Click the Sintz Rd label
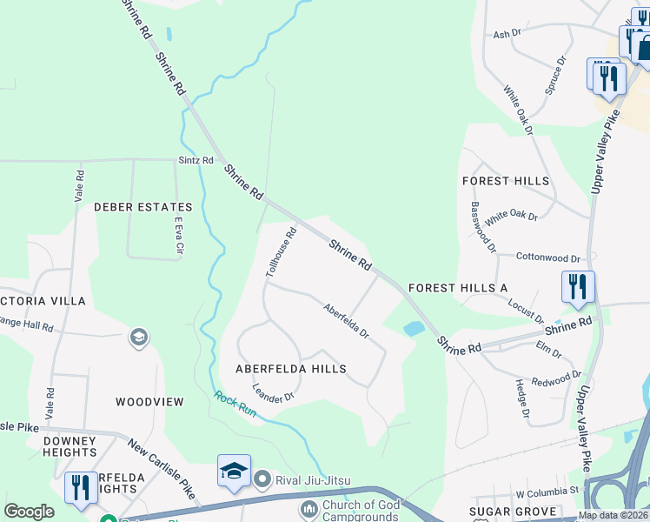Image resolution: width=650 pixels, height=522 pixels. pos(196,161)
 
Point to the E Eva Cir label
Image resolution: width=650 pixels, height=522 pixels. pos(180,236)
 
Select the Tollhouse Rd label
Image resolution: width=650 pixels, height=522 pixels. pos(282,252)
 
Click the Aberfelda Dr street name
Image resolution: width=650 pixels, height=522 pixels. pos(347,321)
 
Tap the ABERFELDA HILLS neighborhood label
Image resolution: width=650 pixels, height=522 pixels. pos(291,369)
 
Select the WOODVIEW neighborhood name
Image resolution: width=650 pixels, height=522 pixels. pos(150,402)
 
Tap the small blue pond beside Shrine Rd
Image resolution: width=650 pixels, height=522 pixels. pos(412,329)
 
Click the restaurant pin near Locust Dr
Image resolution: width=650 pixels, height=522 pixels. pos(578,287)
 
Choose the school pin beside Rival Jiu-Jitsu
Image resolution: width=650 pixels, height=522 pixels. pos(234,472)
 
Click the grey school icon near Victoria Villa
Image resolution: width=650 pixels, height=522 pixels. pos(138,337)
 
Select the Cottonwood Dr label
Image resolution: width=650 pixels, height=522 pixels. pos(547,258)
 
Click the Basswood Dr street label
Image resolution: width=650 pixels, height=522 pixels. pos(482,227)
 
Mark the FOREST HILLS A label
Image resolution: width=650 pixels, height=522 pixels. pos(457,288)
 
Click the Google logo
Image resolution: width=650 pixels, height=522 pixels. pos(29,512)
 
